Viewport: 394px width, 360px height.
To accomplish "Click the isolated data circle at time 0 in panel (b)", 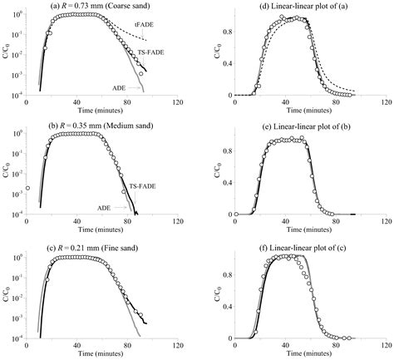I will point(27,189).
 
